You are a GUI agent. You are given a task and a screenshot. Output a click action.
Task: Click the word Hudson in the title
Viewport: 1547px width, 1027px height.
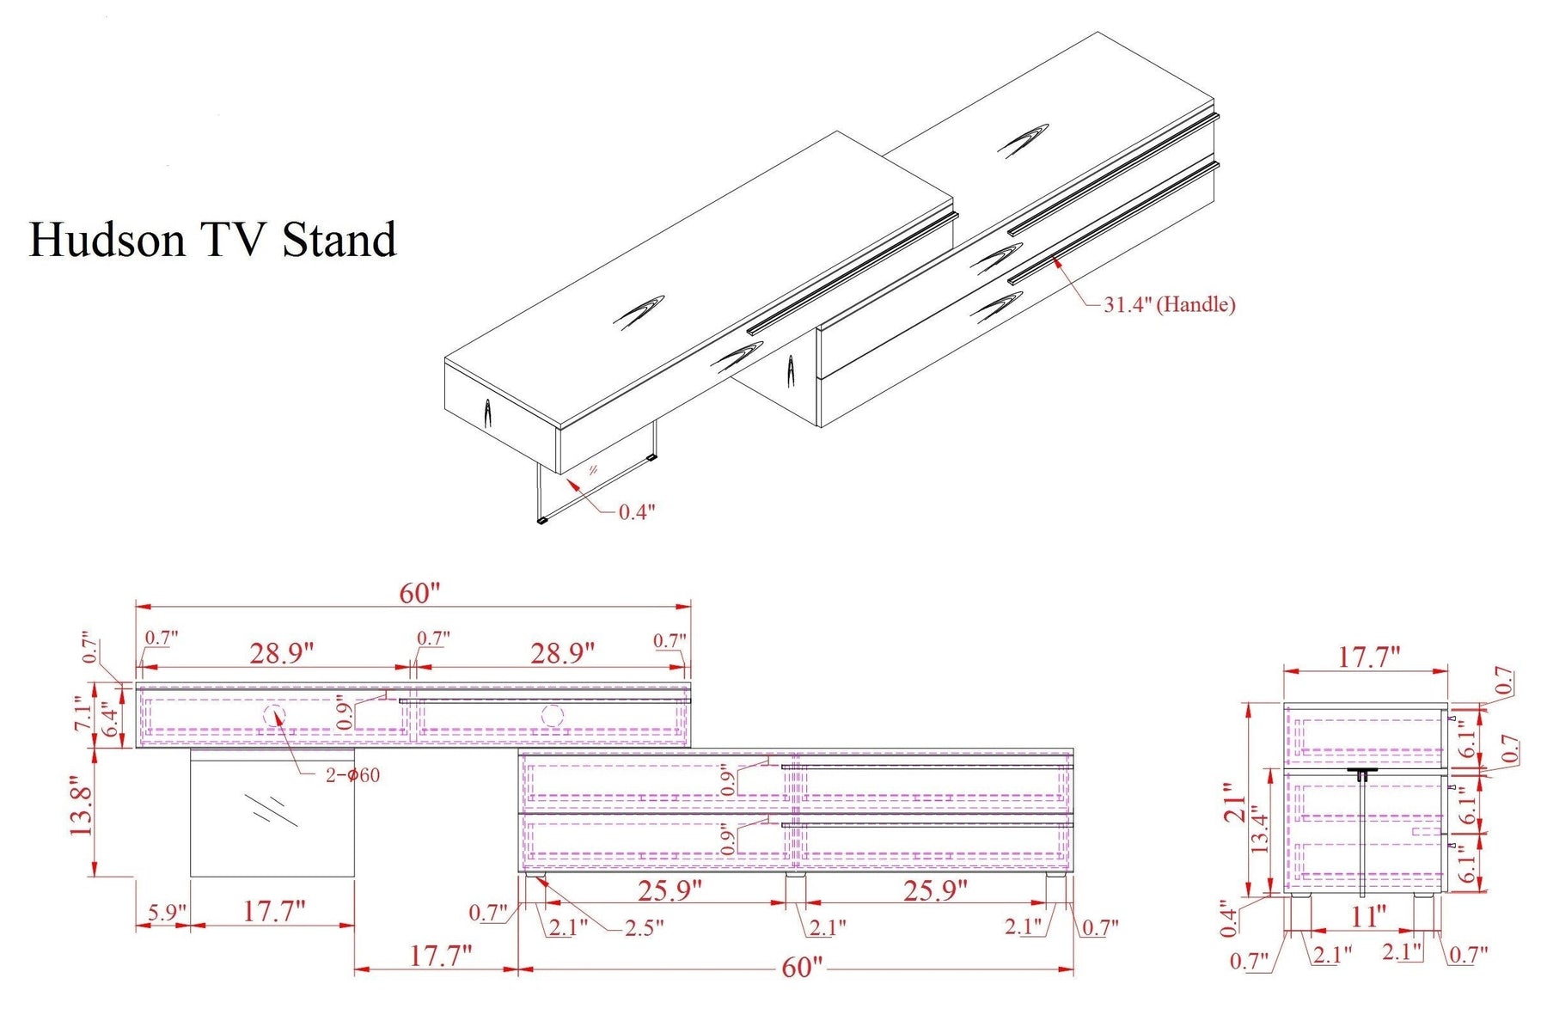(107, 239)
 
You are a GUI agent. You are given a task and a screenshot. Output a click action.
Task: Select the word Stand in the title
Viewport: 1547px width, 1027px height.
(339, 239)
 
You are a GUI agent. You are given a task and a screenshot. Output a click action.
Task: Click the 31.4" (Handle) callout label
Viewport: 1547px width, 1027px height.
(1169, 304)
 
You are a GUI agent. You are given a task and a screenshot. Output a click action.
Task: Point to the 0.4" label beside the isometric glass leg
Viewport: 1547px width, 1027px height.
(637, 512)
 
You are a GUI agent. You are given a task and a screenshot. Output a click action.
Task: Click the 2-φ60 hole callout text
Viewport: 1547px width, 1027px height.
(352, 775)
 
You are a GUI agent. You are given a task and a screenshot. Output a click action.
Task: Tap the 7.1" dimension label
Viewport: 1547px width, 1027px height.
(83, 713)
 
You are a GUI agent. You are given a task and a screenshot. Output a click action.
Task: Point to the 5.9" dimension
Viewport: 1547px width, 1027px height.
(162, 912)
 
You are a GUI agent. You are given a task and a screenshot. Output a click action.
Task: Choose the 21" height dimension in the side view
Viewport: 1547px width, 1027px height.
(1234, 803)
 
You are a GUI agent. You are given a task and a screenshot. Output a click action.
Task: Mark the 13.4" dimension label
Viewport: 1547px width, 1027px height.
(1259, 828)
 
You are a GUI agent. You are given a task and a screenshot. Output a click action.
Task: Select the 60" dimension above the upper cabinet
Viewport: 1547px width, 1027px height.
(419, 593)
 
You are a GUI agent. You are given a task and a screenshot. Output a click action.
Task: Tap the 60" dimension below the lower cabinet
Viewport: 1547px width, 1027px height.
(802, 967)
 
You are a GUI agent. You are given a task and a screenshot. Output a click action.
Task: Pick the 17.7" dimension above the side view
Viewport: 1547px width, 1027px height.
(1369, 657)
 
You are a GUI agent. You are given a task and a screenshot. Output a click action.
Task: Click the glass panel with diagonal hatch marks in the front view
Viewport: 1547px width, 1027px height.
(272, 813)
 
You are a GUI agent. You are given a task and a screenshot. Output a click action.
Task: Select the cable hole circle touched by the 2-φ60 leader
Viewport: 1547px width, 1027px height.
(274, 715)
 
